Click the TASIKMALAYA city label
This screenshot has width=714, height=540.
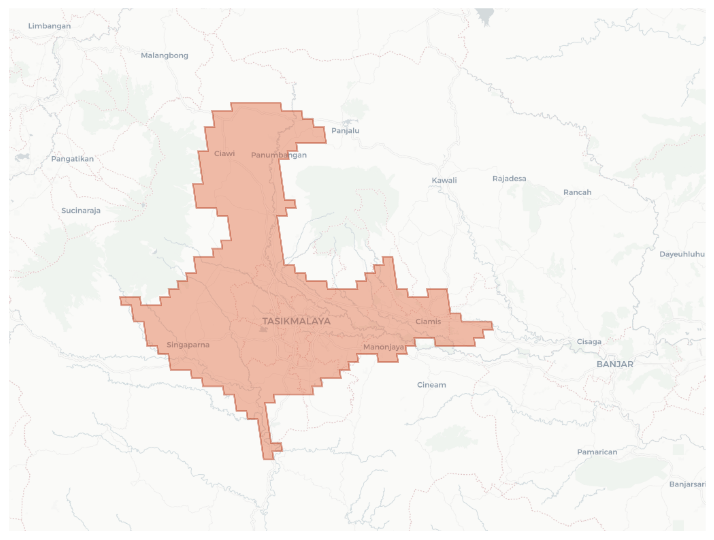(x=296, y=321)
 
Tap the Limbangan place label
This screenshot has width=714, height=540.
(x=49, y=26)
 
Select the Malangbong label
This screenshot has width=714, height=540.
(x=164, y=55)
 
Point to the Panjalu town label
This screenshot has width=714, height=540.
(x=345, y=130)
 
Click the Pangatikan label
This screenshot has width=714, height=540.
(x=72, y=159)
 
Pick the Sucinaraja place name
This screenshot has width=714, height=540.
(x=81, y=210)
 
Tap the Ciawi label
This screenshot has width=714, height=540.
(x=224, y=153)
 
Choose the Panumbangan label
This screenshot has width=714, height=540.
(x=278, y=155)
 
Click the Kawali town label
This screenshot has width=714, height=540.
(x=444, y=180)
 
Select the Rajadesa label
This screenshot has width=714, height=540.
(x=509, y=178)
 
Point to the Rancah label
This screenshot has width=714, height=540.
(x=577, y=192)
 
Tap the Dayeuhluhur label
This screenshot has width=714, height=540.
(x=682, y=254)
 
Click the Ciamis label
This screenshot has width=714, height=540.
(x=428, y=321)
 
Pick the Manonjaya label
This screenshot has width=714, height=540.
(x=384, y=347)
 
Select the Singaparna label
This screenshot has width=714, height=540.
(x=188, y=345)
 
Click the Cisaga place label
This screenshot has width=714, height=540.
(x=589, y=341)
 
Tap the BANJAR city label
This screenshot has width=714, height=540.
(x=615, y=364)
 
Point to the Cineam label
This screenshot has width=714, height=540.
(x=431, y=385)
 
